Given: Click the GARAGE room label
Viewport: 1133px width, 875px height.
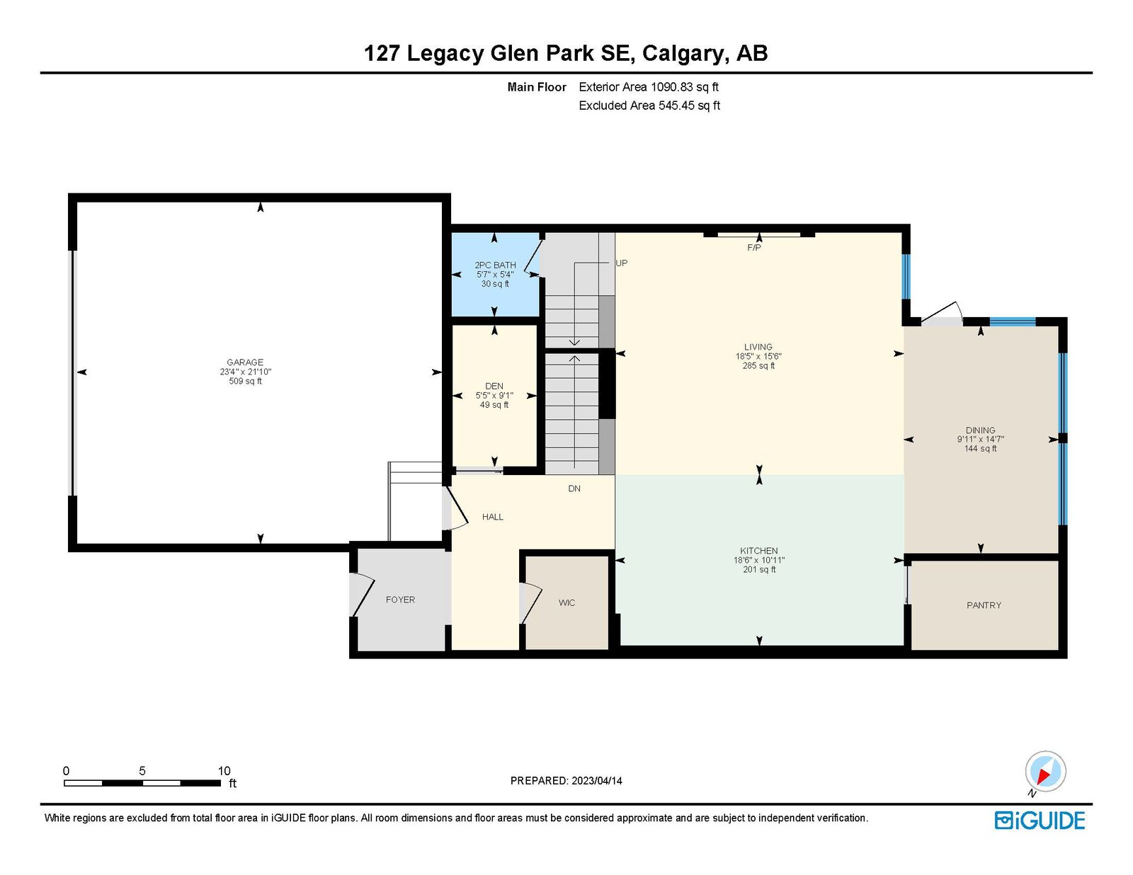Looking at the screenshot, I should [245, 362].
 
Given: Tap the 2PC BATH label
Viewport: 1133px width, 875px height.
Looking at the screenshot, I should [495, 265].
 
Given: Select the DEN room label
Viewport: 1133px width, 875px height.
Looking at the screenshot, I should [494, 386].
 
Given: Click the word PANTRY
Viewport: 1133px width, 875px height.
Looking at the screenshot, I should [984, 605].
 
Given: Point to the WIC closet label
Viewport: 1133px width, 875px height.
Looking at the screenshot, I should [566, 603].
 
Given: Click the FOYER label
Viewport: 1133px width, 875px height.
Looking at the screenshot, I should [400, 600].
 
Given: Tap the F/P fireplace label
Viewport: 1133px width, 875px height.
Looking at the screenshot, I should [754, 248].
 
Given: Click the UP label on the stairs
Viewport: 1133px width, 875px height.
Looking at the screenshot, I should [622, 263].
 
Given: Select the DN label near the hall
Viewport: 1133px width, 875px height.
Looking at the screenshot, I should [574, 488].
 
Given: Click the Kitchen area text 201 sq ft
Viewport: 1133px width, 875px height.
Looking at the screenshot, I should [759, 569].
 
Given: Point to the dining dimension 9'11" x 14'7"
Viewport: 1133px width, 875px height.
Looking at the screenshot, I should [980, 439].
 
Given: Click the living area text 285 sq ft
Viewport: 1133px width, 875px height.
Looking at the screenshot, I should [758, 366].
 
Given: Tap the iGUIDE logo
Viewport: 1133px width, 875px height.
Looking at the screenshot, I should [1040, 820].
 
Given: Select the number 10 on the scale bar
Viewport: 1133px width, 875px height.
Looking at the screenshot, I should [224, 771].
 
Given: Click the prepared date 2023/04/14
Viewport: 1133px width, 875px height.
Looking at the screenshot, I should [596, 781].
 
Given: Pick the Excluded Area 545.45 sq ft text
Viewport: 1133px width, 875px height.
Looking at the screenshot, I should [649, 105].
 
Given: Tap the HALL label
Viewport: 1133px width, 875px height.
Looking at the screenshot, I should [493, 517].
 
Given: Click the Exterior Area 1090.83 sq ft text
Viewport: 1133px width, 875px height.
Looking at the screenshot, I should [649, 87].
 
